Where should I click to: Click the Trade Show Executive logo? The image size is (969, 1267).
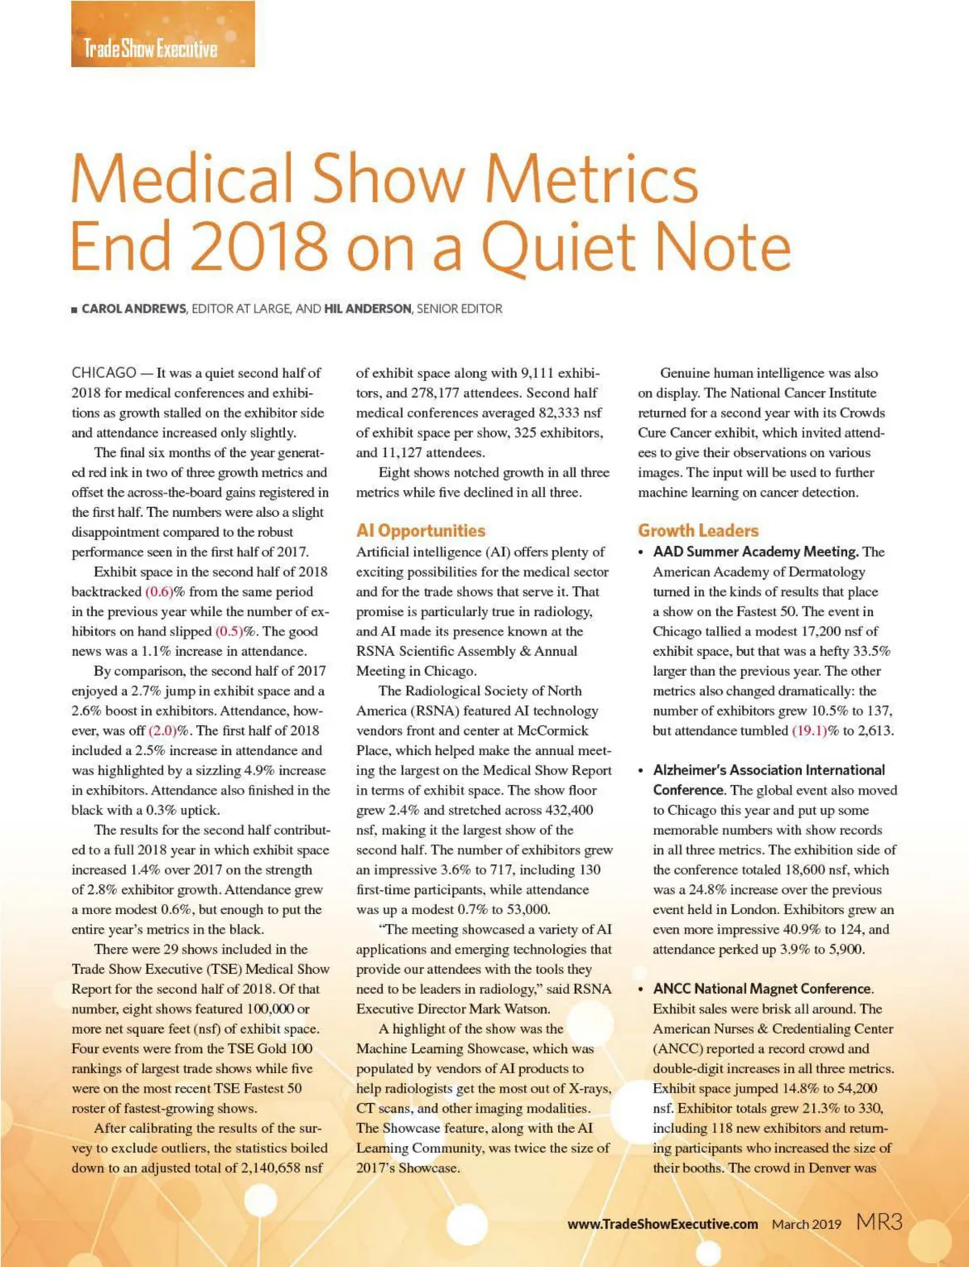click(150, 48)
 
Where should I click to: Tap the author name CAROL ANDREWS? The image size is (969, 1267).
click(133, 308)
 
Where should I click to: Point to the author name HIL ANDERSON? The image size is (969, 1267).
click(367, 308)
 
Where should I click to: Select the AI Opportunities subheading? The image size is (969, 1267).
click(421, 531)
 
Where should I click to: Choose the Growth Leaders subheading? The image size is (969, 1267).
click(698, 531)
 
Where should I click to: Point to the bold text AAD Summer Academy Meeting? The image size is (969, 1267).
click(755, 552)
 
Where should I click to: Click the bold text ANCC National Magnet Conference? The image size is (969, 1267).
click(762, 989)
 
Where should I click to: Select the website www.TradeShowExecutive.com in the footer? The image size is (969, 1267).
click(662, 1224)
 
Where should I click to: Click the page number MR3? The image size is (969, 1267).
click(879, 1222)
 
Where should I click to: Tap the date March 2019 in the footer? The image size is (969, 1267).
click(806, 1224)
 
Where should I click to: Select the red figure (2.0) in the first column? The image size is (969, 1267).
click(168, 731)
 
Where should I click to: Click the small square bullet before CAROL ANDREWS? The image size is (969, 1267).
click(74, 309)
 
